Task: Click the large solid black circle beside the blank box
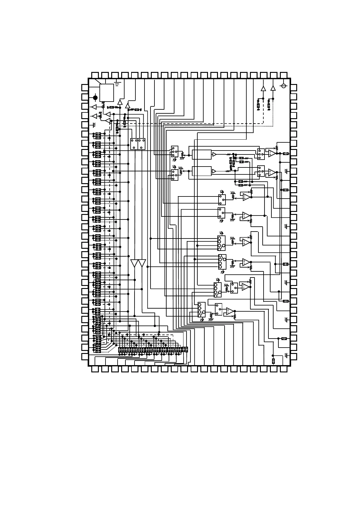click(95, 98)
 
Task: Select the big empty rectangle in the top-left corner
click(107, 93)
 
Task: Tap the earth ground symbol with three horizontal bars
click(118, 83)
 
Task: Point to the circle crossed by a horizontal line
click(284, 86)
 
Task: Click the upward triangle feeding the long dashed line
click(263, 88)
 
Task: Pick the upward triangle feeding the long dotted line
click(273, 88)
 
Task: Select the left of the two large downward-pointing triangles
click(135, 263)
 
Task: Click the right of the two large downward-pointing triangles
click(142, 263)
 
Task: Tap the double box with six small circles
click(138, 144)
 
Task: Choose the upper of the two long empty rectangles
click(202, 154)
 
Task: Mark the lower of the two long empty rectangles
click(202, 171)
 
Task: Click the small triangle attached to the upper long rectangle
click(214, 154)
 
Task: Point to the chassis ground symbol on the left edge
click(94, 125)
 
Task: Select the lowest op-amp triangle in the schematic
click(230, 311)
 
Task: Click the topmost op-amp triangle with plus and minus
click(272, 154)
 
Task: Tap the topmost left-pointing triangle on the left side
click(94, 107)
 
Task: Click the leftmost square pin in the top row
click(95, 75)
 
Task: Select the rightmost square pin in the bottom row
click(284, 369)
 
